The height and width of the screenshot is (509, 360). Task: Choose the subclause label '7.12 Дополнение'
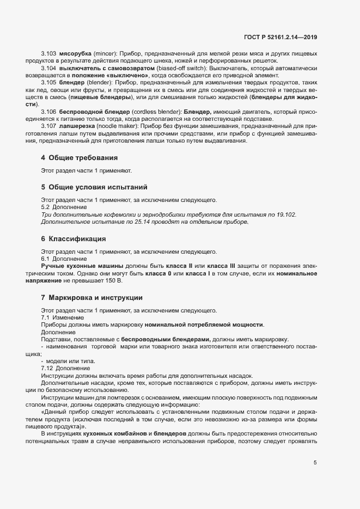pyautogui.click(x=65, y=369)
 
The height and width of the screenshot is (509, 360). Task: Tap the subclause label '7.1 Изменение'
pyautogui.click(x=63, y=317)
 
